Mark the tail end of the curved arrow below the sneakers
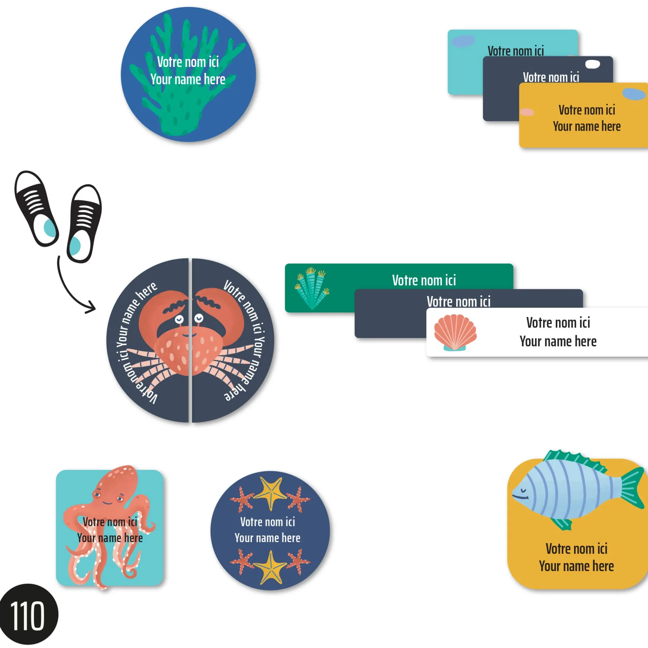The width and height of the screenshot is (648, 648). (59, 257)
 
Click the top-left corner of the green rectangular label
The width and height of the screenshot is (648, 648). (285, 264)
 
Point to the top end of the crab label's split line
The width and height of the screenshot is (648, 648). (190, 259)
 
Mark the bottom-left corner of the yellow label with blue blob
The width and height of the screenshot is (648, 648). (520, 147)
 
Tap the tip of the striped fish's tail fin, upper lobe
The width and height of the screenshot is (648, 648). (643, 468)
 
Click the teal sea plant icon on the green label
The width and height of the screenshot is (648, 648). (312, 288)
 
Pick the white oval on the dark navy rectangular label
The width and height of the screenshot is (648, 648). (593, 64)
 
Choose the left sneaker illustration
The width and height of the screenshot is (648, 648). (36, 209)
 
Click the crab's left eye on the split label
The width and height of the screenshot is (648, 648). (179, 319)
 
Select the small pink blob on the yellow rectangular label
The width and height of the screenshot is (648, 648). (527, 112)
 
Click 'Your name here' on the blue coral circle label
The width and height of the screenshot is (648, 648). (188, 79)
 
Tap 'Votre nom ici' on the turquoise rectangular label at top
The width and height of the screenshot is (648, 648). (515, 51)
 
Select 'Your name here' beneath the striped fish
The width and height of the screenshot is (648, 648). (576, 566)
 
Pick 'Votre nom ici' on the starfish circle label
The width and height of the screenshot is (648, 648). (268, 522)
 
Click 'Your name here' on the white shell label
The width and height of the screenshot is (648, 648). (558, 341)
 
